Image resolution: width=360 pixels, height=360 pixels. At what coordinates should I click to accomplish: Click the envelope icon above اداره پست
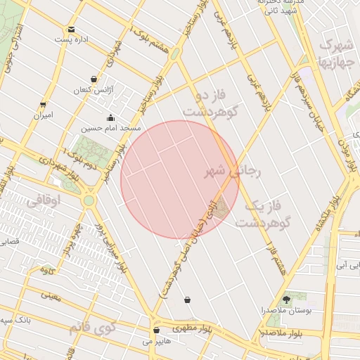(71, 30)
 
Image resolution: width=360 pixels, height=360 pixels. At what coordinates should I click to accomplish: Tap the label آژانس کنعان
(94, 91)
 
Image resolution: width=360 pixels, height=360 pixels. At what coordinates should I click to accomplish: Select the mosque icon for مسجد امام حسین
(110, 117)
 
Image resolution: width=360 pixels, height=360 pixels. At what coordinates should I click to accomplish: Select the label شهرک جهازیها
(336, 53)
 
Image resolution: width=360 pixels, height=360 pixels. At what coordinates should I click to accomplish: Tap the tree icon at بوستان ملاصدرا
(286, 299)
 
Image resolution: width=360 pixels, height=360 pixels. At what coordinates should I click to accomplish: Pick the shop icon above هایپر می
(155, 330)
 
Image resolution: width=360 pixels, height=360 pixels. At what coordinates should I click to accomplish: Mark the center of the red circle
(180, 179)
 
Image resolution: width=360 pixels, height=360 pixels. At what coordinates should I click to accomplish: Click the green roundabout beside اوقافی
(89, 201)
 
